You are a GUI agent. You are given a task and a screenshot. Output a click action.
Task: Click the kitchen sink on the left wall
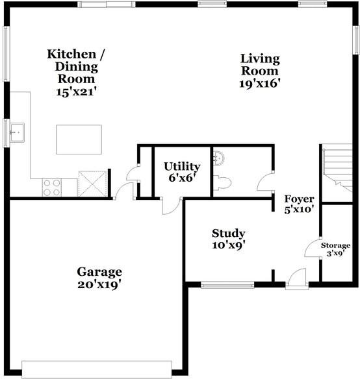[16, 134]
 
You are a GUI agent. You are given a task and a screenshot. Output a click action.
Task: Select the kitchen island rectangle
[79, 138]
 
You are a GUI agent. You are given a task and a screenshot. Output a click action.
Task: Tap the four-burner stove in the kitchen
[51, 187]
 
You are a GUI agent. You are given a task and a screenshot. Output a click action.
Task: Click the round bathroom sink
[219, 157]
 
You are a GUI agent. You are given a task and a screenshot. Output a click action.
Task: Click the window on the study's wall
[227, 284]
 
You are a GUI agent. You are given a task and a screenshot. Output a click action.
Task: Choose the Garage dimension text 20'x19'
[99, 284]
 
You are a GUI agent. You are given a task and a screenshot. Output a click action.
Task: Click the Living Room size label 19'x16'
[260, 83]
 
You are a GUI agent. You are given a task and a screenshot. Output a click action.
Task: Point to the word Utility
[181, 167]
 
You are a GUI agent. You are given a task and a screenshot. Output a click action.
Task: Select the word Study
[229, 234]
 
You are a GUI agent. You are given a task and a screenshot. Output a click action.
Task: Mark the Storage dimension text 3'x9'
[335, 254]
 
